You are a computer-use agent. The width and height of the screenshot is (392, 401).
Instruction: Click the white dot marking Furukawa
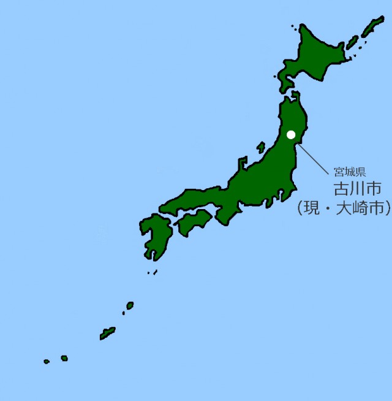291,134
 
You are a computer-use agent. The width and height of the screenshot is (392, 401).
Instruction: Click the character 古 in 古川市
341,188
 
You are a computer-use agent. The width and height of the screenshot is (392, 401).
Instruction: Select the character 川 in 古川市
357,188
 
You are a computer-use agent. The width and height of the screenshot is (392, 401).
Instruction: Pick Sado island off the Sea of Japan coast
261,148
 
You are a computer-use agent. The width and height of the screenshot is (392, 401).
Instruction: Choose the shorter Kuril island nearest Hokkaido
352,43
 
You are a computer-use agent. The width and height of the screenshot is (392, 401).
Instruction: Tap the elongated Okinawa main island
108,333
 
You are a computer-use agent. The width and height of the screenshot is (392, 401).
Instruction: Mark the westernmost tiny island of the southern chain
47,362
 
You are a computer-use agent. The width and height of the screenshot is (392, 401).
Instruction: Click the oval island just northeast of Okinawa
130,305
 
